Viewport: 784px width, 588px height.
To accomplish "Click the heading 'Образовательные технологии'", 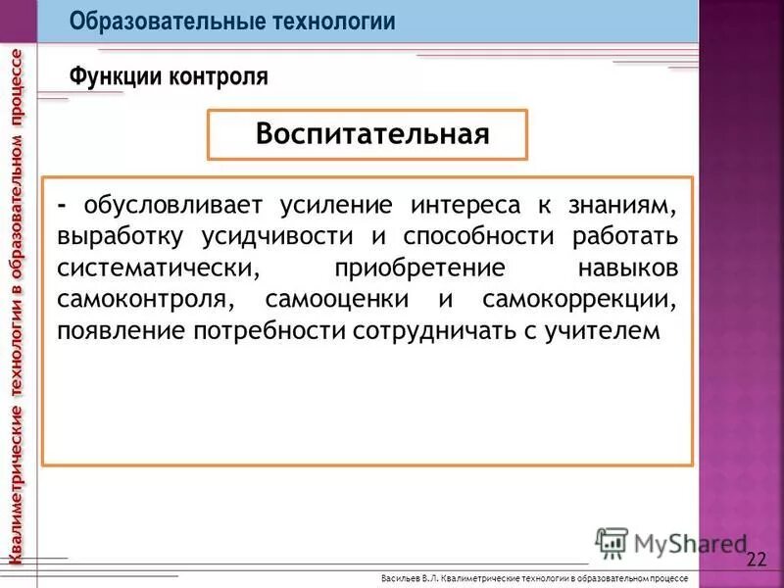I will point(232,22).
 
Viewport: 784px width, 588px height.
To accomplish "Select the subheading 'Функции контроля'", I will point(168,75).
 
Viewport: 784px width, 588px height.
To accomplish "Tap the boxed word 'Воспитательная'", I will point(371,134).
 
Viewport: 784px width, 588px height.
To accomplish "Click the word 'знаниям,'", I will point(620,206).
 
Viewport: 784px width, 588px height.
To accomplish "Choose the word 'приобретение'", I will point(420,269).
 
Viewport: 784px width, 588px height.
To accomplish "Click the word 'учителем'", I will point(609,331).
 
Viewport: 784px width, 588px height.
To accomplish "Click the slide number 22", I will point(757,560).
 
